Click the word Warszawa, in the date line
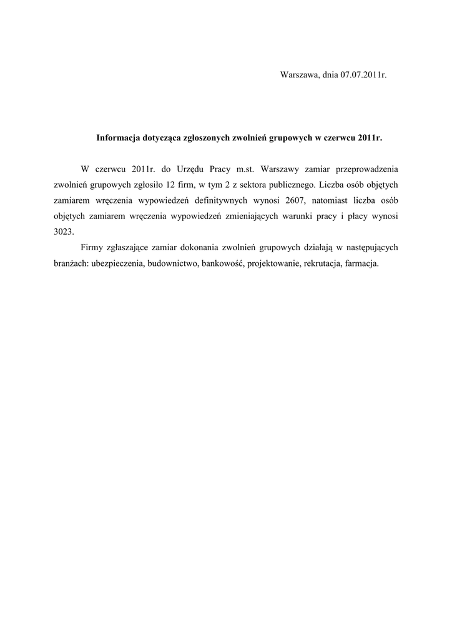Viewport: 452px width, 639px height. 300,75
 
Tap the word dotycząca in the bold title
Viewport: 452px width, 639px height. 164,139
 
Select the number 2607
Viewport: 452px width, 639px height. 296,200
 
